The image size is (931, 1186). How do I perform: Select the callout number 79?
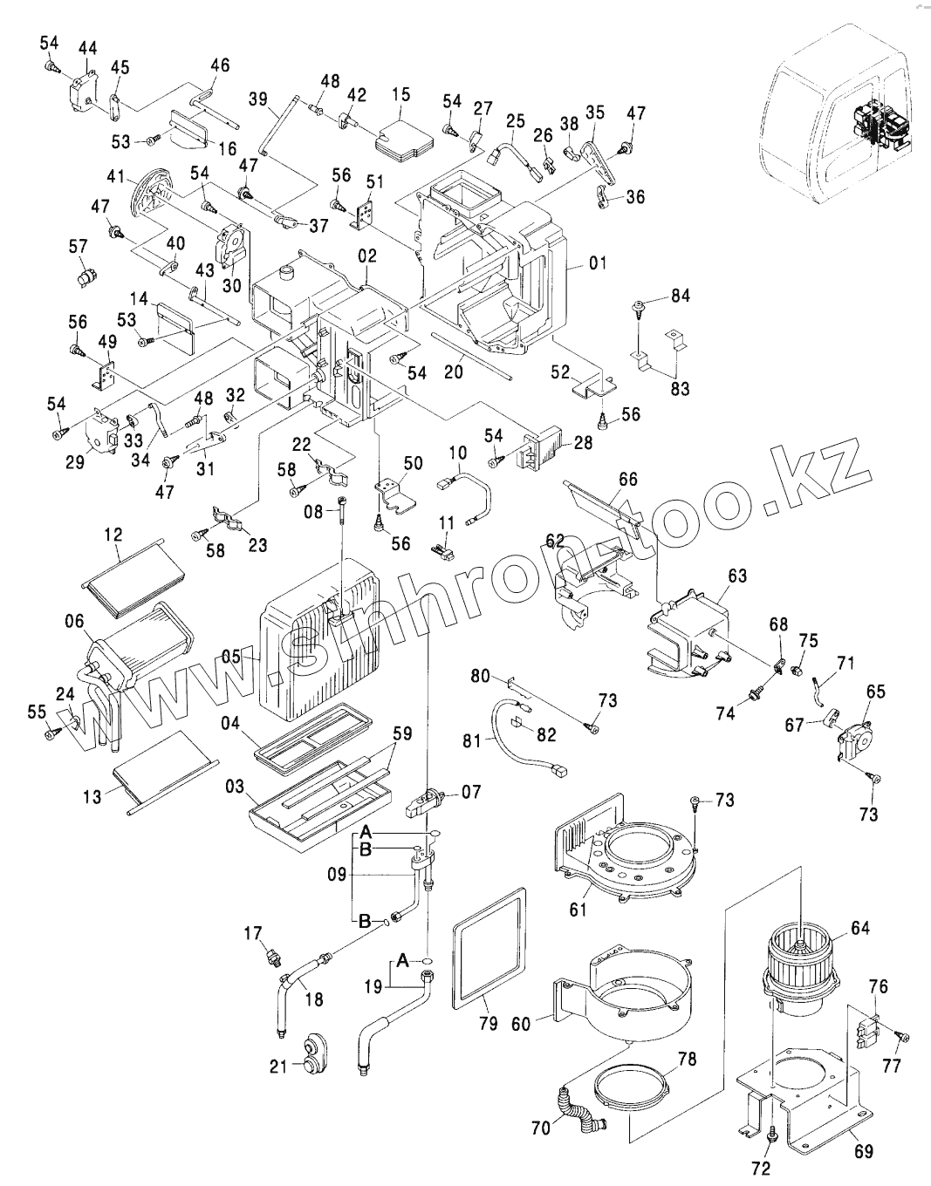488,1023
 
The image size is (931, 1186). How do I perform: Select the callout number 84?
681,296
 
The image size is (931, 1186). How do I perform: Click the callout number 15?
400,93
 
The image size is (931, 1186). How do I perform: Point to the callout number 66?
628,479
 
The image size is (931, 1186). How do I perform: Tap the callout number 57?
79,247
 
